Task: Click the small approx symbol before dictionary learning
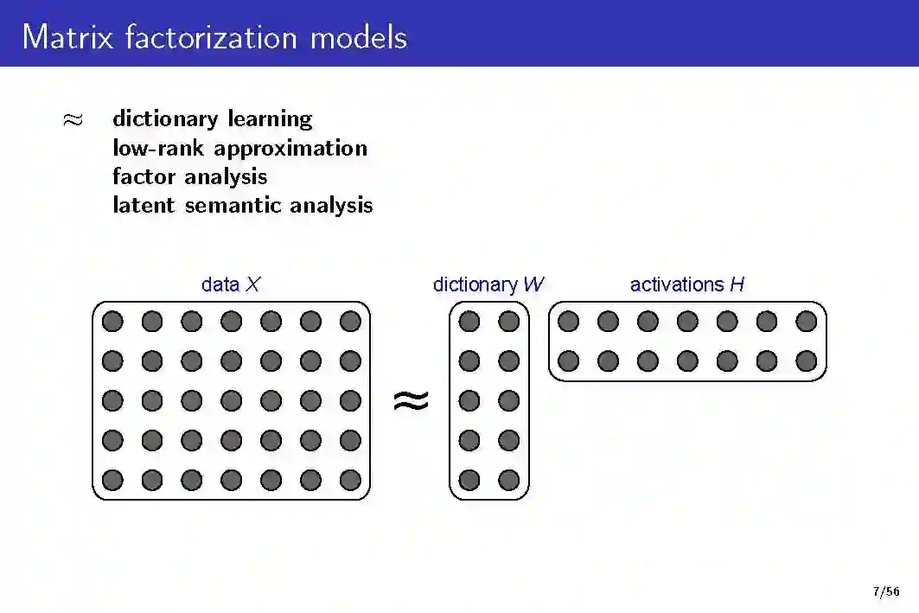coord(73,119)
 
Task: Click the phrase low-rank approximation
coord(239,148)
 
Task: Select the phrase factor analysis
coord(189,176)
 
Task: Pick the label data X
coord(230,284)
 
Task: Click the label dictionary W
coord(488,284)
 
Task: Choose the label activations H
coord(686,284)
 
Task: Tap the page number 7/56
coord(886,592)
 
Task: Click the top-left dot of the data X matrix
coord(112,322)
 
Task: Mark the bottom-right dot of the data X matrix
coord(350,480)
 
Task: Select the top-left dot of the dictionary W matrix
coord(469,322)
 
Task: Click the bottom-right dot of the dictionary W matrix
coord(509,480)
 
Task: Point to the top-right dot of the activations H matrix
coord(807,322)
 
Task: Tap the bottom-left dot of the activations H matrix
coord(568,361)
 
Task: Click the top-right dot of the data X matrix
coord(350,322)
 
